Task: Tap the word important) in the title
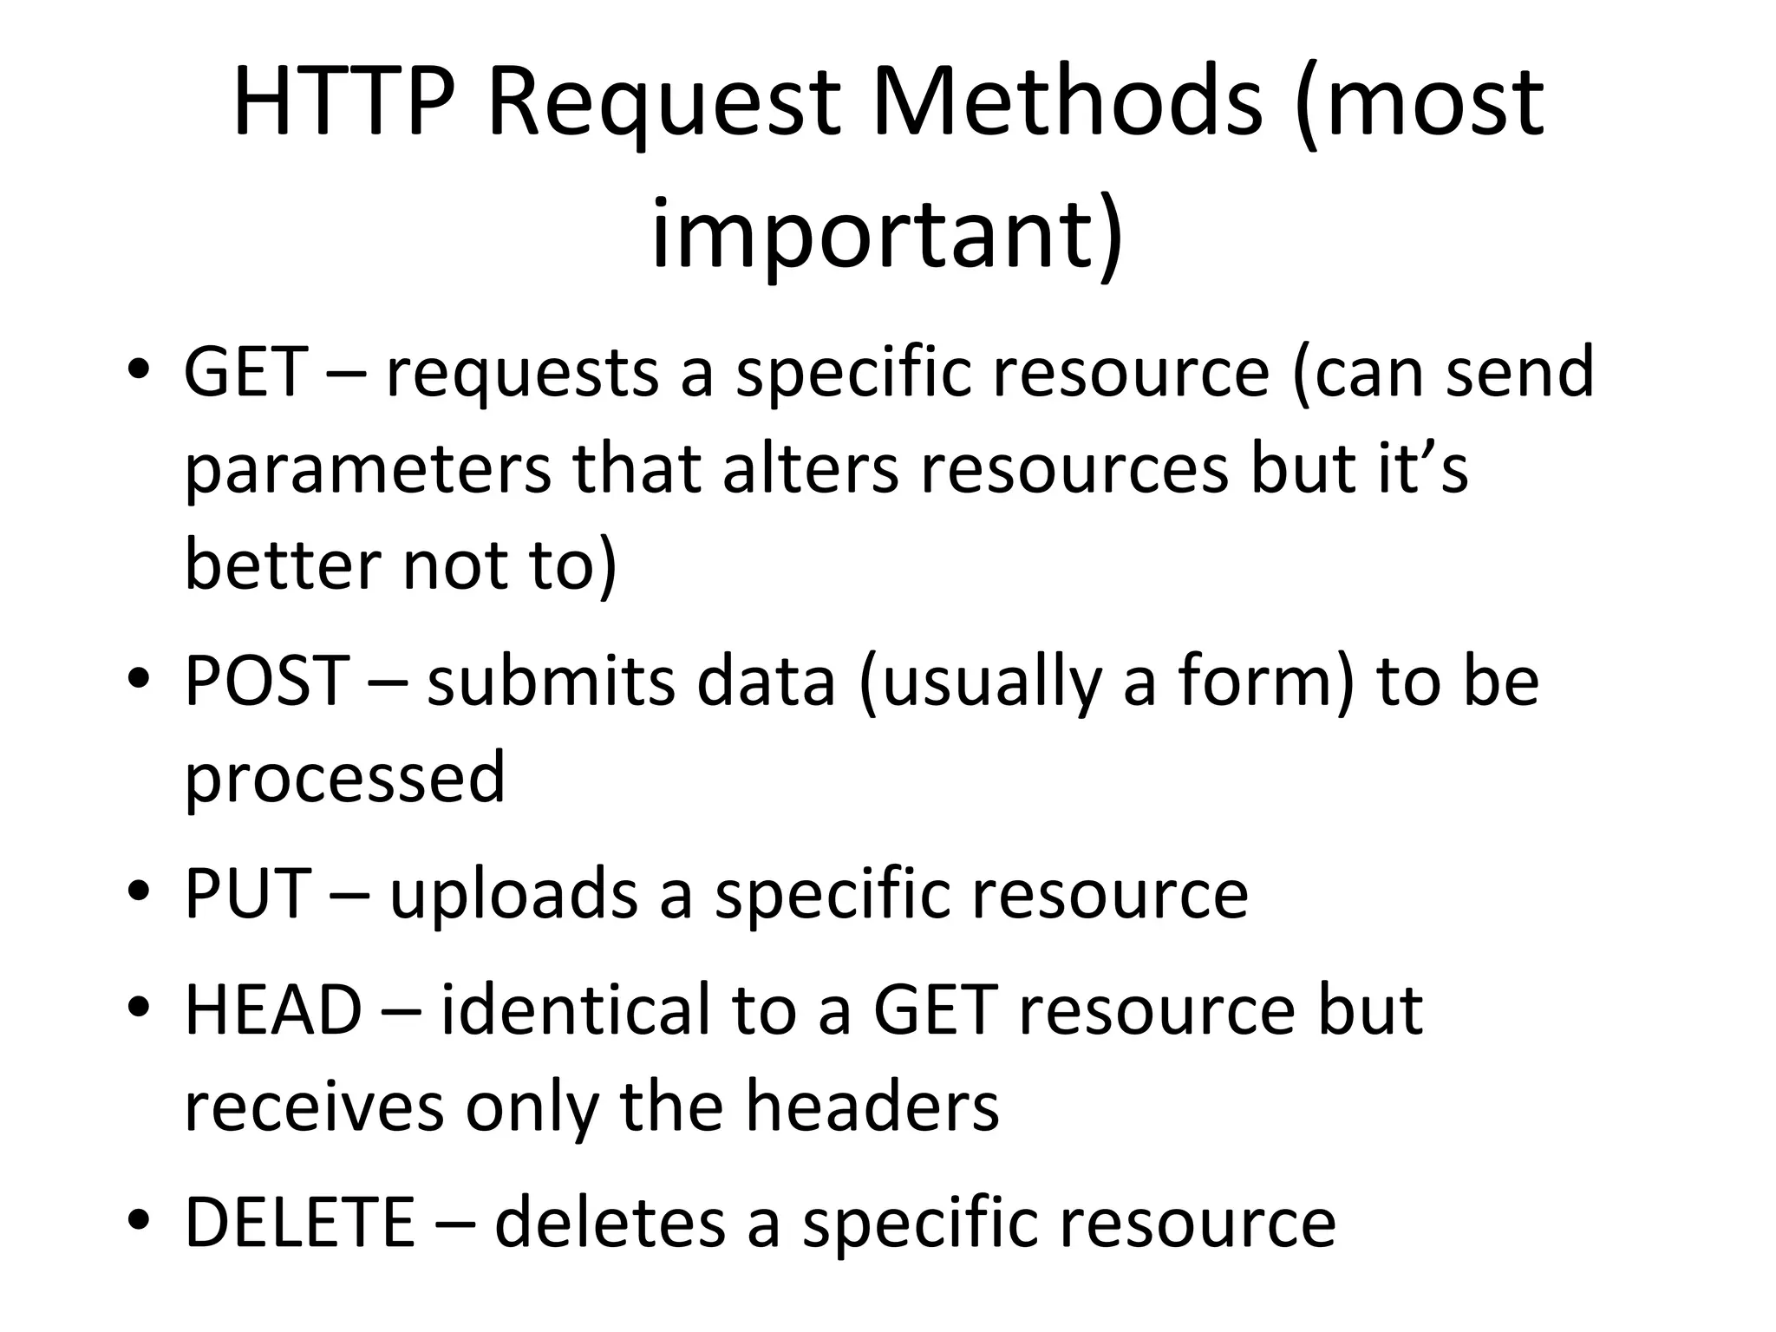[x=886, y=236]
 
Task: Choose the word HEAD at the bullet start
[x=273, y=1010]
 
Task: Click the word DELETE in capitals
[x=300, y=1222]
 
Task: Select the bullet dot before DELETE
[x=139, y=1222]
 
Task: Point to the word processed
[x=344, y=779]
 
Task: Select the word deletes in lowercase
[x=610, y=1222]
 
